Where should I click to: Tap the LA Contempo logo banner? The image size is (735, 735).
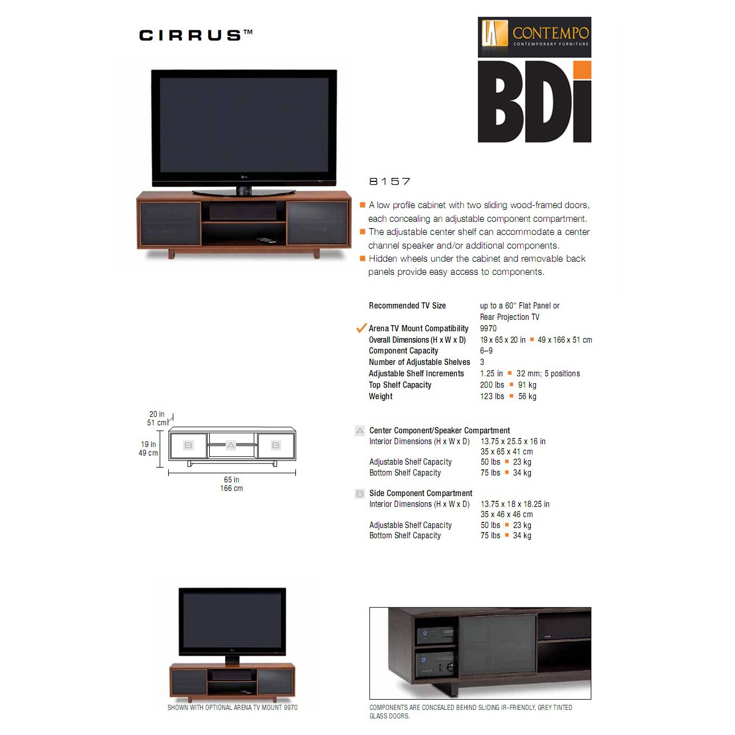point(534,37)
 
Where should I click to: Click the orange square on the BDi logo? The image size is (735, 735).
point(582,70)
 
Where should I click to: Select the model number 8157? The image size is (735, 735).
point(389,181)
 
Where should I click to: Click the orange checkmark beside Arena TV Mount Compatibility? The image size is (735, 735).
point(361,328)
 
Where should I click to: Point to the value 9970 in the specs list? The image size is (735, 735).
point(488,328)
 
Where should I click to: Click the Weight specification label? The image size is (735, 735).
point(381,396)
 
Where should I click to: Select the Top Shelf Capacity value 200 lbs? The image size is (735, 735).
point(492,385)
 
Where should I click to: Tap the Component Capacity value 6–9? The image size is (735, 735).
point(486,351)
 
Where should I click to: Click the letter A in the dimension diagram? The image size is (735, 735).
point(231,445)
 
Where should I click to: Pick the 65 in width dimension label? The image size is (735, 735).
point(232,480)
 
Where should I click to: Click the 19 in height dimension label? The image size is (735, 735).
point(148,444)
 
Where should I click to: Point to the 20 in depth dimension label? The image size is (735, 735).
point(157,414)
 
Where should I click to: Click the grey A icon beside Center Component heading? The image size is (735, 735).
point(360,431)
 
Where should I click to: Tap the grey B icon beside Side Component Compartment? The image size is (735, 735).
point(360,494)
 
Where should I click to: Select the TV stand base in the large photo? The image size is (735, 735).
point(243,192)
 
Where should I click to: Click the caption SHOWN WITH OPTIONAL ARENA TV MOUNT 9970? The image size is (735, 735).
point(232,708)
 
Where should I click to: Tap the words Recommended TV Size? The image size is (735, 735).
point(407,306)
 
